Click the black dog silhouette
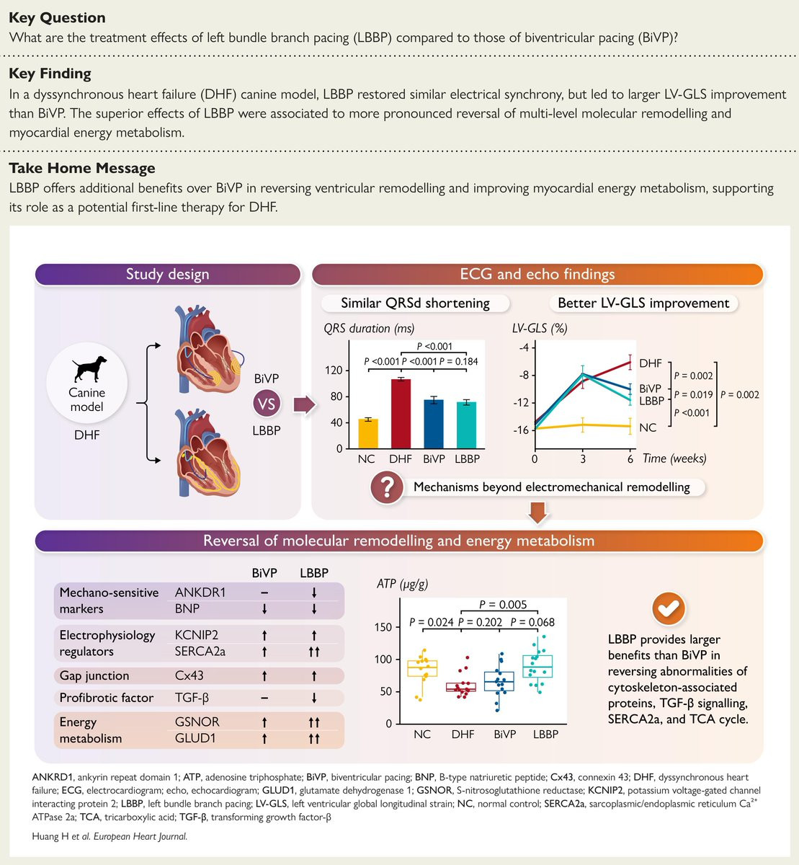coord(89,368)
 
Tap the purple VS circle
coord(267,404)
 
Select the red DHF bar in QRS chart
coord(401,414)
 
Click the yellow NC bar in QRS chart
coord(368,434)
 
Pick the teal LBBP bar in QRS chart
coord(466,425)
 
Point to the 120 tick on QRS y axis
coord(334,371)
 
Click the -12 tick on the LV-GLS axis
coord(521,402)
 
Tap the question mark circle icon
coord(387,487)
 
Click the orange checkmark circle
coord(669,608)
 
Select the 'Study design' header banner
coord(168,275)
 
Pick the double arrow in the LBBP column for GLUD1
coord(314,738)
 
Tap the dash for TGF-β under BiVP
coord(264,698)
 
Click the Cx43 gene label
coord(189,675)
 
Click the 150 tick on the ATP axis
coord(383,627)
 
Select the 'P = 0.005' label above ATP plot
coord(503,605)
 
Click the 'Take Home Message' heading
coord(82,168)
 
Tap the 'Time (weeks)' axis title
coord(674,458)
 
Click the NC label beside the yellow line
coord(648,427)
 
